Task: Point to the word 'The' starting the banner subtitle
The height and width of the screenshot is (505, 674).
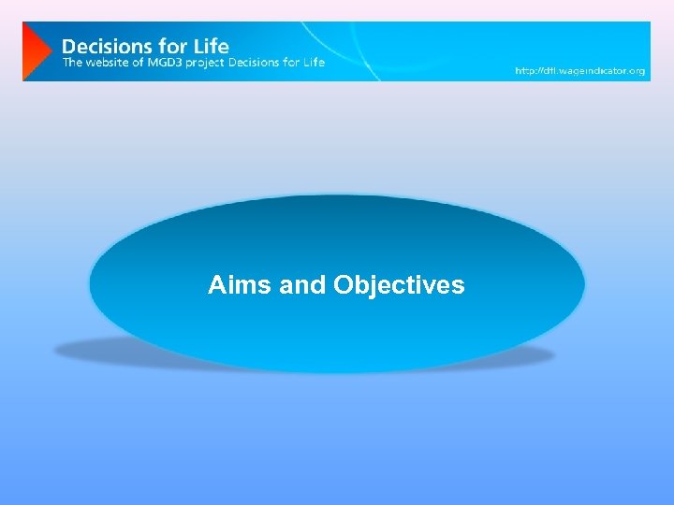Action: click(71, 63)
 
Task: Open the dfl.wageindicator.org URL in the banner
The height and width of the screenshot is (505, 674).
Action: click(580, 71)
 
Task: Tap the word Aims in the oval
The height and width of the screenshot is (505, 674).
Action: click(241, 284)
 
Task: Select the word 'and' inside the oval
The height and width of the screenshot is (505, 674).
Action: click(302, 284)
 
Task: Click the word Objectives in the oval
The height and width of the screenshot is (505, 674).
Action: click(399, 284)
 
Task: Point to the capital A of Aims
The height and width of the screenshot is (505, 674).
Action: click(217, 284)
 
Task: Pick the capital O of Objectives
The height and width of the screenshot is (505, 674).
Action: click(343, 284)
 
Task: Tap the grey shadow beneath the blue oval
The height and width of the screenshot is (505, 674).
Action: click(84, 352)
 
